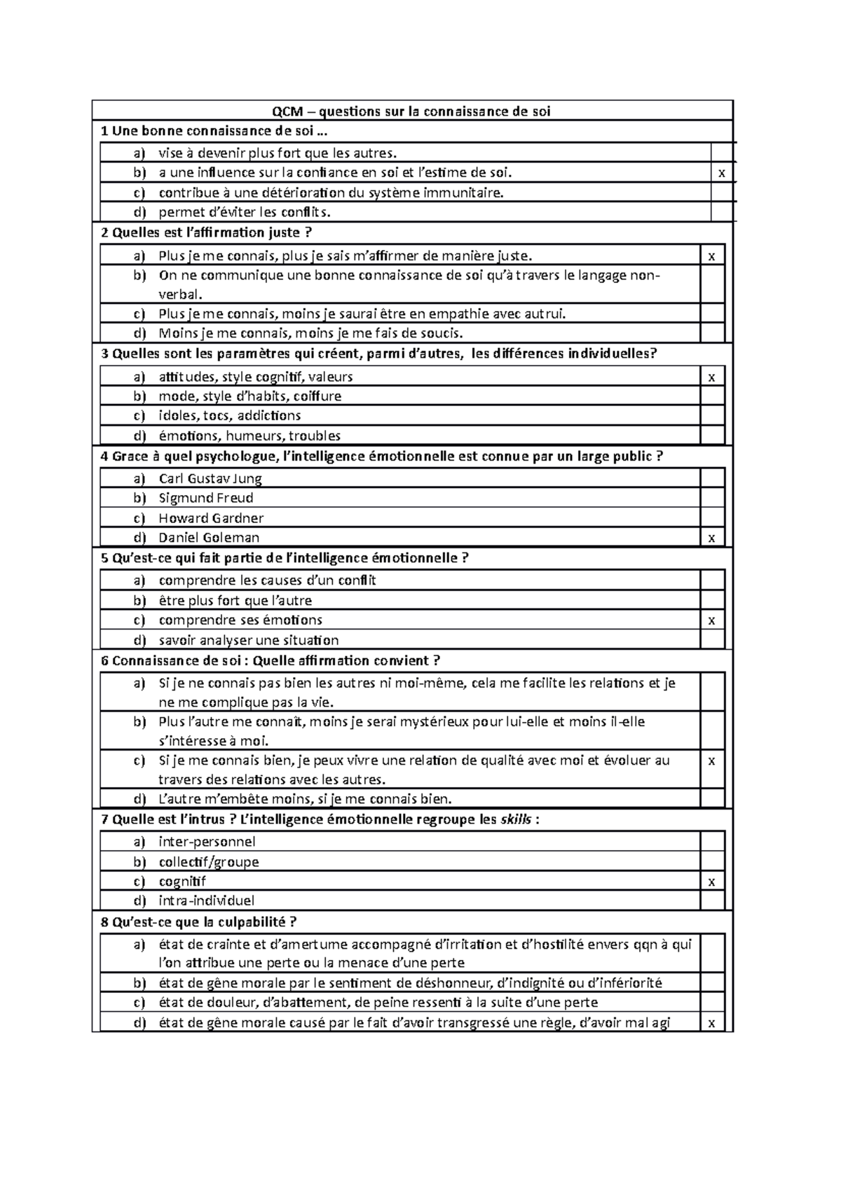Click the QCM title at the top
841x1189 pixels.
pyautogui.click(x=411, y=111)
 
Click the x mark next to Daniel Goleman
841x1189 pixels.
pyautogui.click(x=712, y=538)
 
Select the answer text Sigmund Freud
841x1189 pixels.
pyautogui.click(x=206, y=498)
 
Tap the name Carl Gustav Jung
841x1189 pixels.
pyautogui.click(x=210, y=478)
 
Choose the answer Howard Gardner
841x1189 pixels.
pyautogui.click(x=211, y=518)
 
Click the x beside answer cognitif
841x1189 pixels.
pyautogui.click(x=712, y=882)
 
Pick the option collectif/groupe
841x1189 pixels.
pyautogui.click(x=209, y=862)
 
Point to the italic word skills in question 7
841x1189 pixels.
pyautogui.click(x=515, y=819)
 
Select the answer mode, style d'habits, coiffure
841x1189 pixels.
pyautogui.click(x=250, y=396)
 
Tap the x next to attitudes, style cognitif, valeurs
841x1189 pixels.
pyautogui.click(x=712, y=377)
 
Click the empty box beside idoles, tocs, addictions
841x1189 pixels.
pyautogui.click(x=712, y=416)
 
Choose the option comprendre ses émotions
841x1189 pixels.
pyautogui.click(x=240, y=620)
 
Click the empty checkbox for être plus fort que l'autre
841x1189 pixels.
pyautogui.click(x=712, y=601)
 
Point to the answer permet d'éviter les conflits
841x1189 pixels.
pyautogui.click(x=245, y=212)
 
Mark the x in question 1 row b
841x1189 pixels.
pyautogui.click(x=722, y=174)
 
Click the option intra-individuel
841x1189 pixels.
pyautogui.click(x=207, y=901)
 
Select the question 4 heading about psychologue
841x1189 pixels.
pyautogui.click(x=382, y=457)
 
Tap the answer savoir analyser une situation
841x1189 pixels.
pyautogui.click(x=249, y=640)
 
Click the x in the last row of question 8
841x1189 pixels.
pyautogui.click(x=712, y=1024)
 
